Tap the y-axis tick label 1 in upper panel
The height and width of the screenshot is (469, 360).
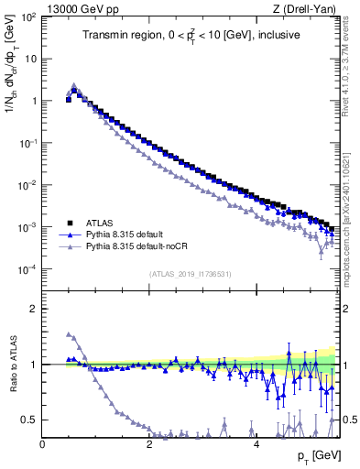(33, 101)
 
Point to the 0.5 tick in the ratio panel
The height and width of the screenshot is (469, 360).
(27, 420)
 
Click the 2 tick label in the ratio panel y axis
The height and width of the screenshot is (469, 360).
(33, 309)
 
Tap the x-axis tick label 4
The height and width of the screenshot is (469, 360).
(256, 445)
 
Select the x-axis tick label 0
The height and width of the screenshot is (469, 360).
(42, 445)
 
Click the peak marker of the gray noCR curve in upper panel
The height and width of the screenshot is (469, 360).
(74, 85)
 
